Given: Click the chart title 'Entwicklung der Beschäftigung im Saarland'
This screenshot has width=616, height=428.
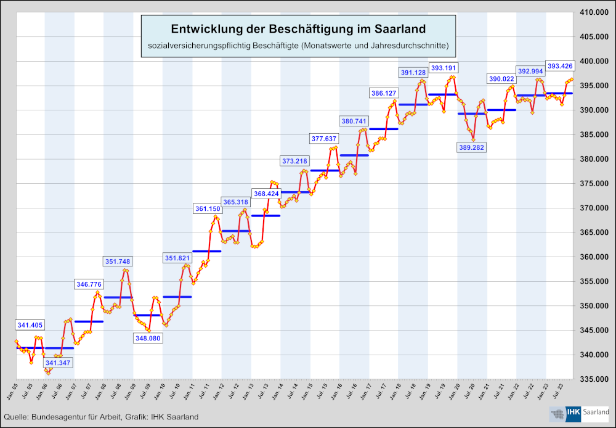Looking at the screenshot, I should (298, 29).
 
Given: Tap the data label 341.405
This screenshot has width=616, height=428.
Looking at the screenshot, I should (30, 325).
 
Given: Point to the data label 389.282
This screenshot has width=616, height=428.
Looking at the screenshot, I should (472, 147).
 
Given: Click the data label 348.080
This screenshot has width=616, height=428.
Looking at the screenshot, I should (148, 338).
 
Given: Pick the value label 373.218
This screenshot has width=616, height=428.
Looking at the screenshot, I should (294, 161).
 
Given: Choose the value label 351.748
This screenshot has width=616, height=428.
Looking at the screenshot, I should (118, 261).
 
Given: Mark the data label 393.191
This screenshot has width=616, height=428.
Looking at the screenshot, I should (443, 68).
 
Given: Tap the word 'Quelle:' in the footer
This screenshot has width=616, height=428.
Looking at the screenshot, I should (16, 418).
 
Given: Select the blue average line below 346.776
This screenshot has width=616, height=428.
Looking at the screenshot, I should (89, 321).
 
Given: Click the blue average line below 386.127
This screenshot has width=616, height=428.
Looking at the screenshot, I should (383, 129).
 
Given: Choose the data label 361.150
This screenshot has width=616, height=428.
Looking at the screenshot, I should (206, 209).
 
